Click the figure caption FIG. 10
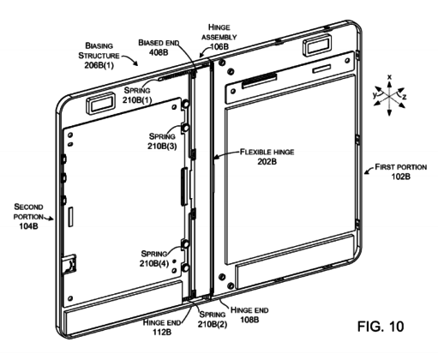point(381,327)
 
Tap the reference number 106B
point(219,46)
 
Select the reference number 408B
point(159,52)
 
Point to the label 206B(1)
point(99,65)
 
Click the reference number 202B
point(267,161)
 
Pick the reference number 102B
point(400,177)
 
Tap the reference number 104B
point(28,226)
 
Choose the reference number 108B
point(249,320)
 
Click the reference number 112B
point(161,333)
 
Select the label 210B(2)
point(213,324)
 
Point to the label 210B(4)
point(154,263)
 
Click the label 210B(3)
point(162,147)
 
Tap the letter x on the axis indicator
point(389,77)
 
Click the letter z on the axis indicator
point(405,97)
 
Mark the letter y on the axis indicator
point(375,95)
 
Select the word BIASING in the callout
point(99,45)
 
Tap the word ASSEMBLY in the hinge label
point(219,37)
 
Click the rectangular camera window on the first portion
point(317,45)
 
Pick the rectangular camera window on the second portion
point(100,104)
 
